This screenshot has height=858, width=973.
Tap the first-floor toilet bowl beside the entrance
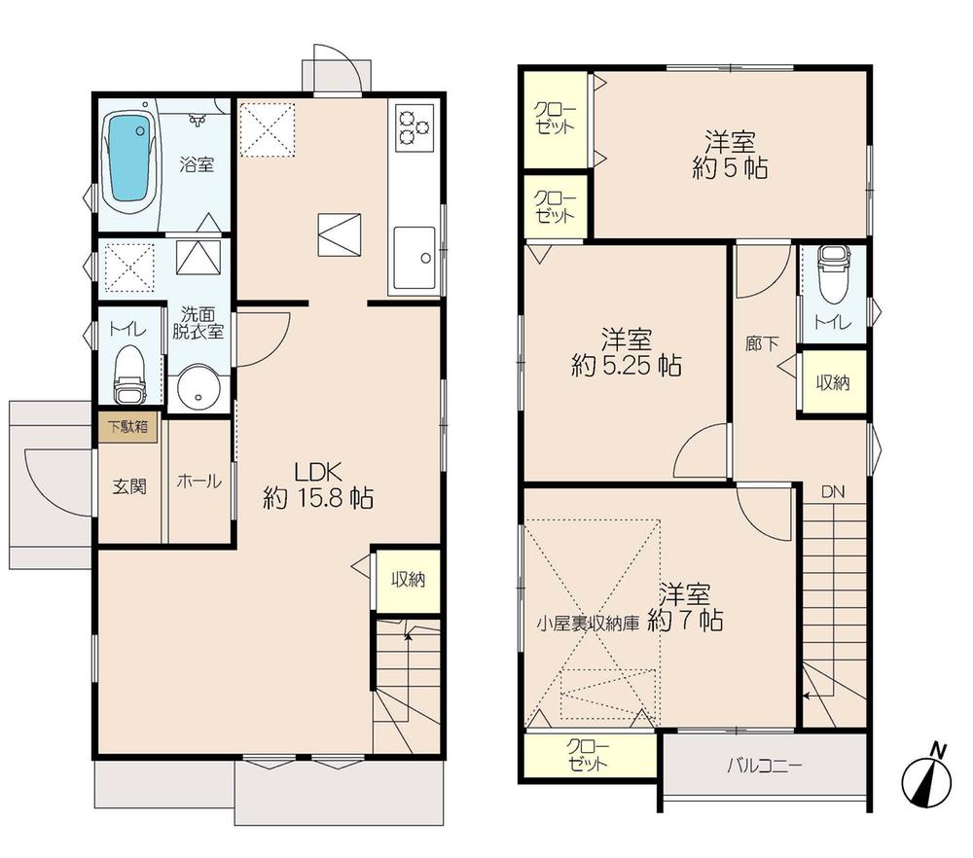[129, 374]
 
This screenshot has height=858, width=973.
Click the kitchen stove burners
[414, 129]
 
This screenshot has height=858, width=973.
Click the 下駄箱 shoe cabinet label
[127, 426]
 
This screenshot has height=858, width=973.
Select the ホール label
[198, 482]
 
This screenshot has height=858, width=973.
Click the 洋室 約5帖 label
[730, 154]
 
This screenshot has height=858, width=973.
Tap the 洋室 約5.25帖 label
[626, 353]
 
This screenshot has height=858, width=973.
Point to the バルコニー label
[765, 765]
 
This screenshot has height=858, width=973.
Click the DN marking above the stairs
[832, 492]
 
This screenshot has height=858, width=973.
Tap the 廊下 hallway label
[762, 343]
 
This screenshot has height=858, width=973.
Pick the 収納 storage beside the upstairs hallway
[832, 382]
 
